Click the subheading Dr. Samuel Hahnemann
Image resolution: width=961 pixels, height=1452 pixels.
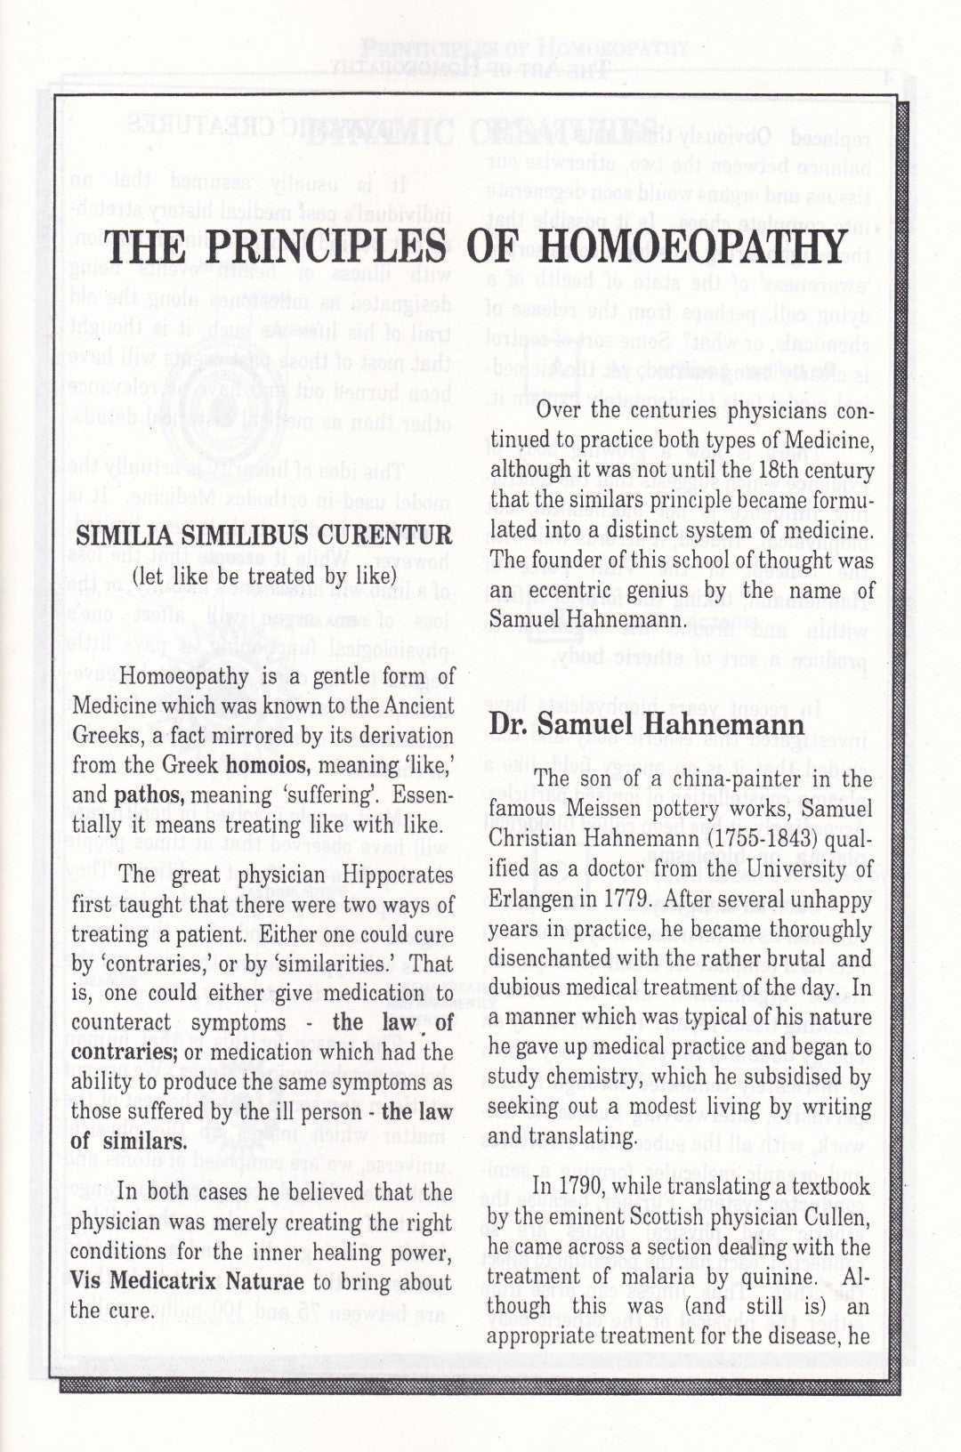pyautogui.click(x=647, y=723)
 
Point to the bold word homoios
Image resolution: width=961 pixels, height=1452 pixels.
pyautogui.click(x=268, y=765)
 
